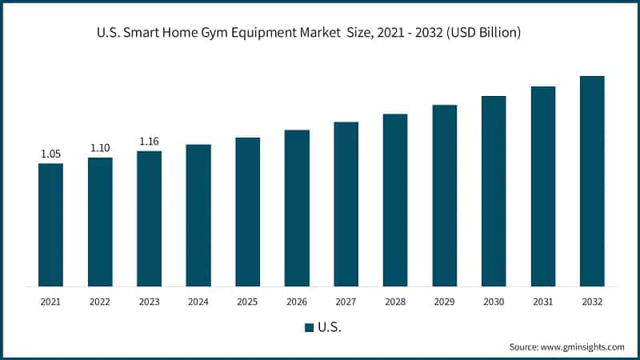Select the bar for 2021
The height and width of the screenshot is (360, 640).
coord(50,225)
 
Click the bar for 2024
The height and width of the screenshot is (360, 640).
coord(198,215)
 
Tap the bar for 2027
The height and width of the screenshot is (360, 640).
coord(346,204)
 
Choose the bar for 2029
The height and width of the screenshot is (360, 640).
coord(445,195)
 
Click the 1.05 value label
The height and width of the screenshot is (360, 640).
coord(50,154)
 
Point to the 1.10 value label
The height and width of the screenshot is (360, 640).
coord(100,148)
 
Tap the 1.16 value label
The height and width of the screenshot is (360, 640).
coord(150,142)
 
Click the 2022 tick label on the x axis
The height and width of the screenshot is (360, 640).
coord(100,302)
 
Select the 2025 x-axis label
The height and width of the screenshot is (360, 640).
coord(247,302)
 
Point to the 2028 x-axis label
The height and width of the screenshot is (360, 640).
coord(395,302)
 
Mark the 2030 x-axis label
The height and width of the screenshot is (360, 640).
coord(494,302)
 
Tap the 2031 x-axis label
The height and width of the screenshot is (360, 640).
coord(543,302)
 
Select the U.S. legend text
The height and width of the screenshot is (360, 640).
coord(329,327)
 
